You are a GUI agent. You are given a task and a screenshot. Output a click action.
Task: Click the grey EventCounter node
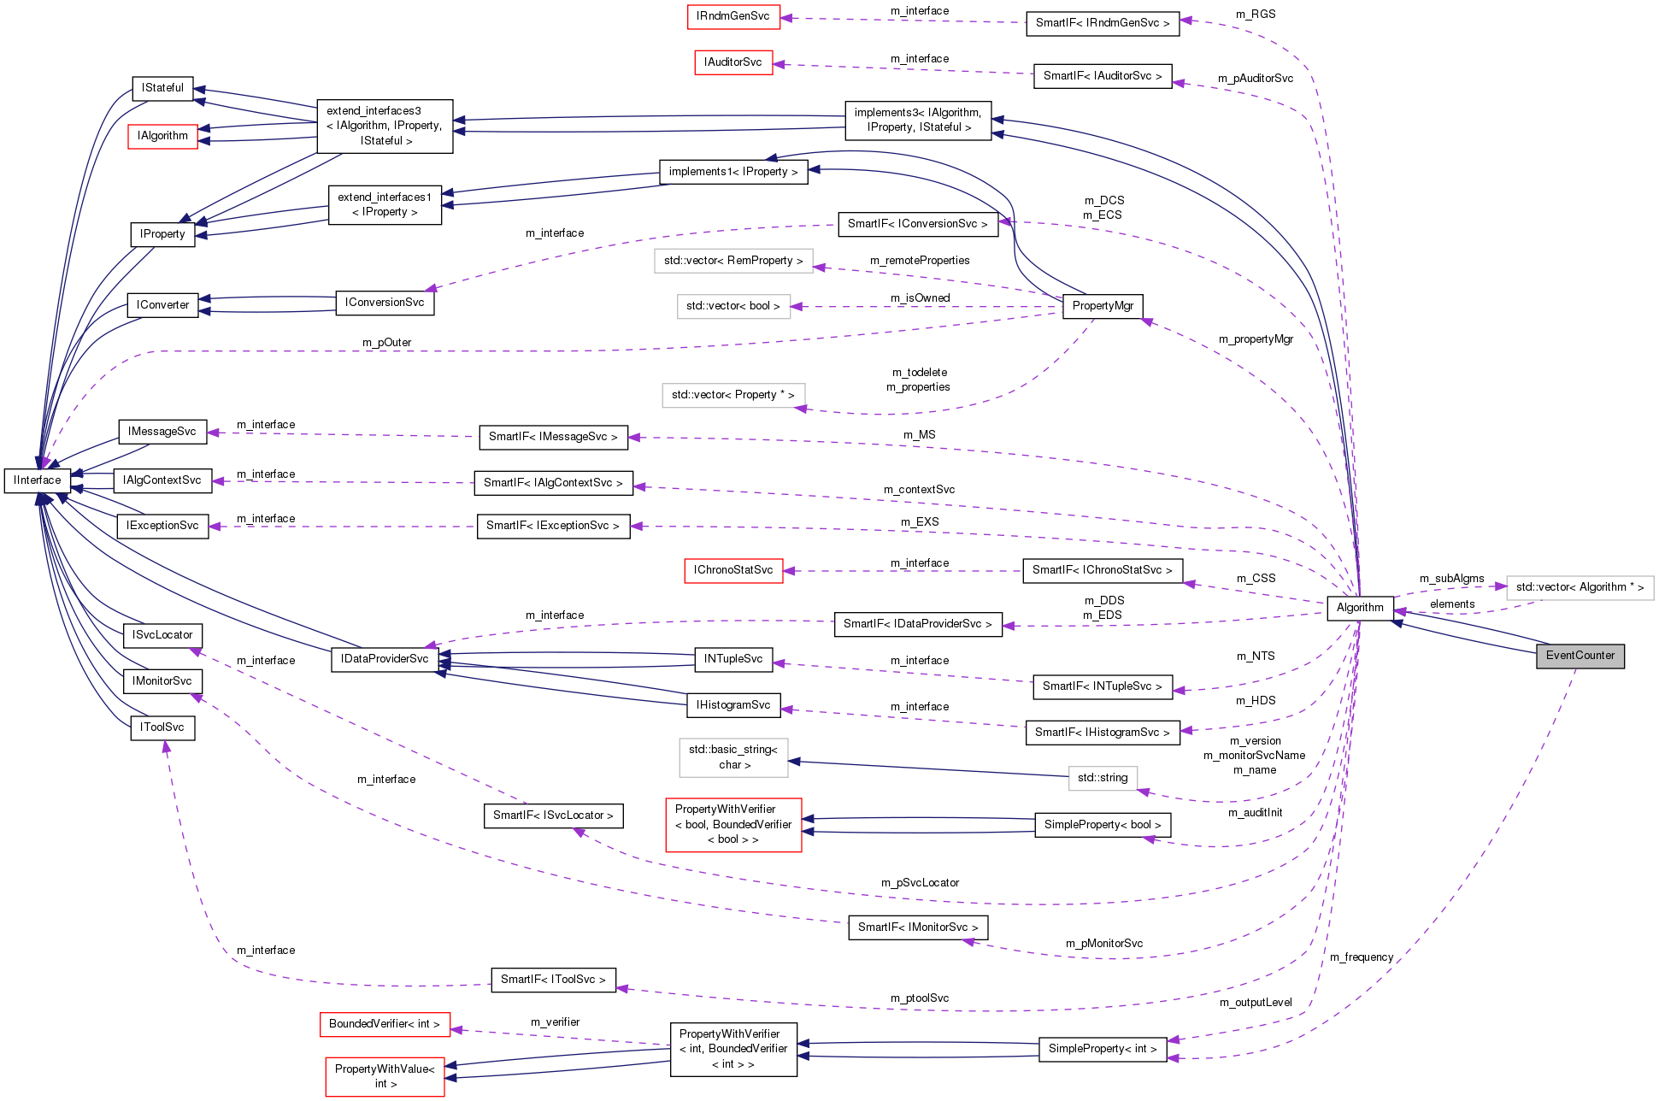[x=1580, y=656]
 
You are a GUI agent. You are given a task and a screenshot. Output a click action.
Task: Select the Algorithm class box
[x=1359, y=608]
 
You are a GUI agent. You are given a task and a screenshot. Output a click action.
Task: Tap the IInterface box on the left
[x=38, y=480]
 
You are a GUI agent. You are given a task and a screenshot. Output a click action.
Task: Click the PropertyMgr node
[x=1103, y=306]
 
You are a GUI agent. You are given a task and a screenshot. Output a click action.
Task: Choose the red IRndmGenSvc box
[x=732, y=16]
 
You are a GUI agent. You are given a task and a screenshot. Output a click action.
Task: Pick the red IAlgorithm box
[x=162, y=136]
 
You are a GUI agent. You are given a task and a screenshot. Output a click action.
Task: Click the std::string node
[x=1102, y=778]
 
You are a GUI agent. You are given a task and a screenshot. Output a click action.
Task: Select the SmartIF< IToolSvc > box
[x=553, y=980]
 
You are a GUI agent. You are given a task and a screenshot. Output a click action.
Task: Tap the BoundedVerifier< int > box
[x=385, y=1024]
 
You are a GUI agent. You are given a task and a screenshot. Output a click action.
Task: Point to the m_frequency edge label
[x=1361, y=957]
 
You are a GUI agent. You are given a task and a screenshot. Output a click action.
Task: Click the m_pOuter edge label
[x=386, y=343]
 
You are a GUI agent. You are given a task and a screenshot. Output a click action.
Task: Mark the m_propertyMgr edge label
[x=1256, y=339]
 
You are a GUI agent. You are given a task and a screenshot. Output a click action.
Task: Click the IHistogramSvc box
[x=733, y=705]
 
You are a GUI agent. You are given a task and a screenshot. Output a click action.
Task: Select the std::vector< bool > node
[x=732, y=306]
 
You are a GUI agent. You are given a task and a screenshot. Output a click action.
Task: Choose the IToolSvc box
[x=162, y=727]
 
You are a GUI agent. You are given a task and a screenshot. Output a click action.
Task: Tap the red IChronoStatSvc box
[x=733, y=570]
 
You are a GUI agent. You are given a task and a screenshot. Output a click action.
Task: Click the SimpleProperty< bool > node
[x=1102, y=825]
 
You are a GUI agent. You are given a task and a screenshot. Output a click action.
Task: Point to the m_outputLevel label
[x=1255, y=1003]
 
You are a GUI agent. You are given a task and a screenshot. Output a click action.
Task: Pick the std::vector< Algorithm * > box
[x=1579, y=587]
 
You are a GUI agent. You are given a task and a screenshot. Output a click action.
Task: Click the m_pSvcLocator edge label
[x=920, y=883]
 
